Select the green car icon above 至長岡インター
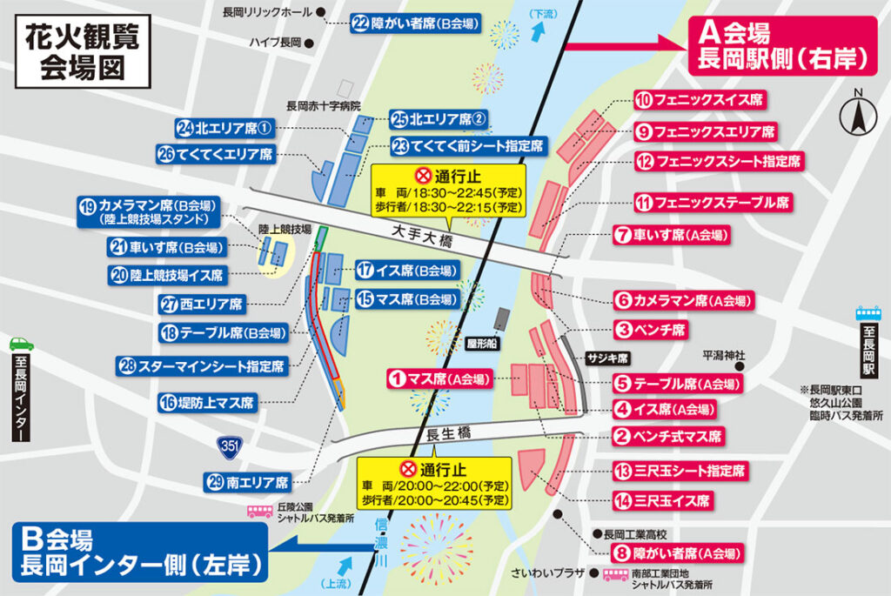pos(21,343)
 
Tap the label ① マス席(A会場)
pos(439,379)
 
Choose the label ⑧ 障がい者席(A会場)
pos(678,553)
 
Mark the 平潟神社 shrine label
pos(725,355)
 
